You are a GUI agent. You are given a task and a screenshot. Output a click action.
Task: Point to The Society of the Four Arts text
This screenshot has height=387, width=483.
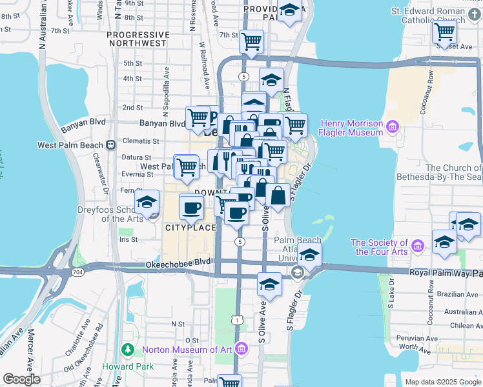tap(379, 247)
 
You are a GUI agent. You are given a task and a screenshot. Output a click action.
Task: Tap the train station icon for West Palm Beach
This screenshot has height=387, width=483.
tap(110, 144)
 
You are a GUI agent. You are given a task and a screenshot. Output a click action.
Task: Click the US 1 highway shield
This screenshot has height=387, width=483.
tap(238, 320)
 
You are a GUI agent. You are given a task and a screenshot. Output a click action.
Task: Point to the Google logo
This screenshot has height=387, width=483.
tap(22, 379)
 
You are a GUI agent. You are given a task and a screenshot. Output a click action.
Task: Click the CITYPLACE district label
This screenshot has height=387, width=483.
tap(190, 228)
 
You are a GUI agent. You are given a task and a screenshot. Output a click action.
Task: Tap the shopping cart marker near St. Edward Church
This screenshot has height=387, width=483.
tap(445, 31)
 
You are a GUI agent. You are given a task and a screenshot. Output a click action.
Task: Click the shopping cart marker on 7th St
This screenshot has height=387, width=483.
tap(251, 42)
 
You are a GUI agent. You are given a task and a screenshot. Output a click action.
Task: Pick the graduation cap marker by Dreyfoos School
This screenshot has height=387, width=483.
tap(147, 203)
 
